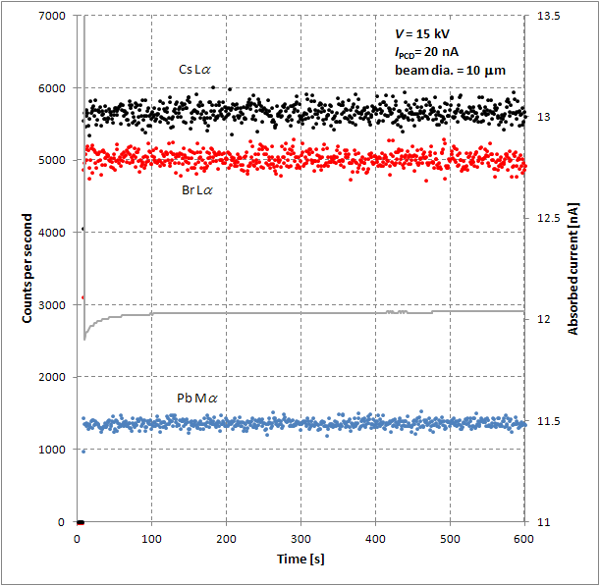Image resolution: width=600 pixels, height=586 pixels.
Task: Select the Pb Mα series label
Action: pos(196,398)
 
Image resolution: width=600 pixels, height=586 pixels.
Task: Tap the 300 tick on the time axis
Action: pos(301,538)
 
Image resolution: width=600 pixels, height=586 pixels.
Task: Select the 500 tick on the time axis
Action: pos(451,538)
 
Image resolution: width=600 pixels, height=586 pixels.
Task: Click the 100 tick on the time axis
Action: pos(152,538)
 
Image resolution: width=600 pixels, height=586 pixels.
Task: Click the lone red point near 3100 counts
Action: pos(82,297)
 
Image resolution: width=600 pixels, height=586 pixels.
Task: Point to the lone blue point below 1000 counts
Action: pos(83,452)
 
